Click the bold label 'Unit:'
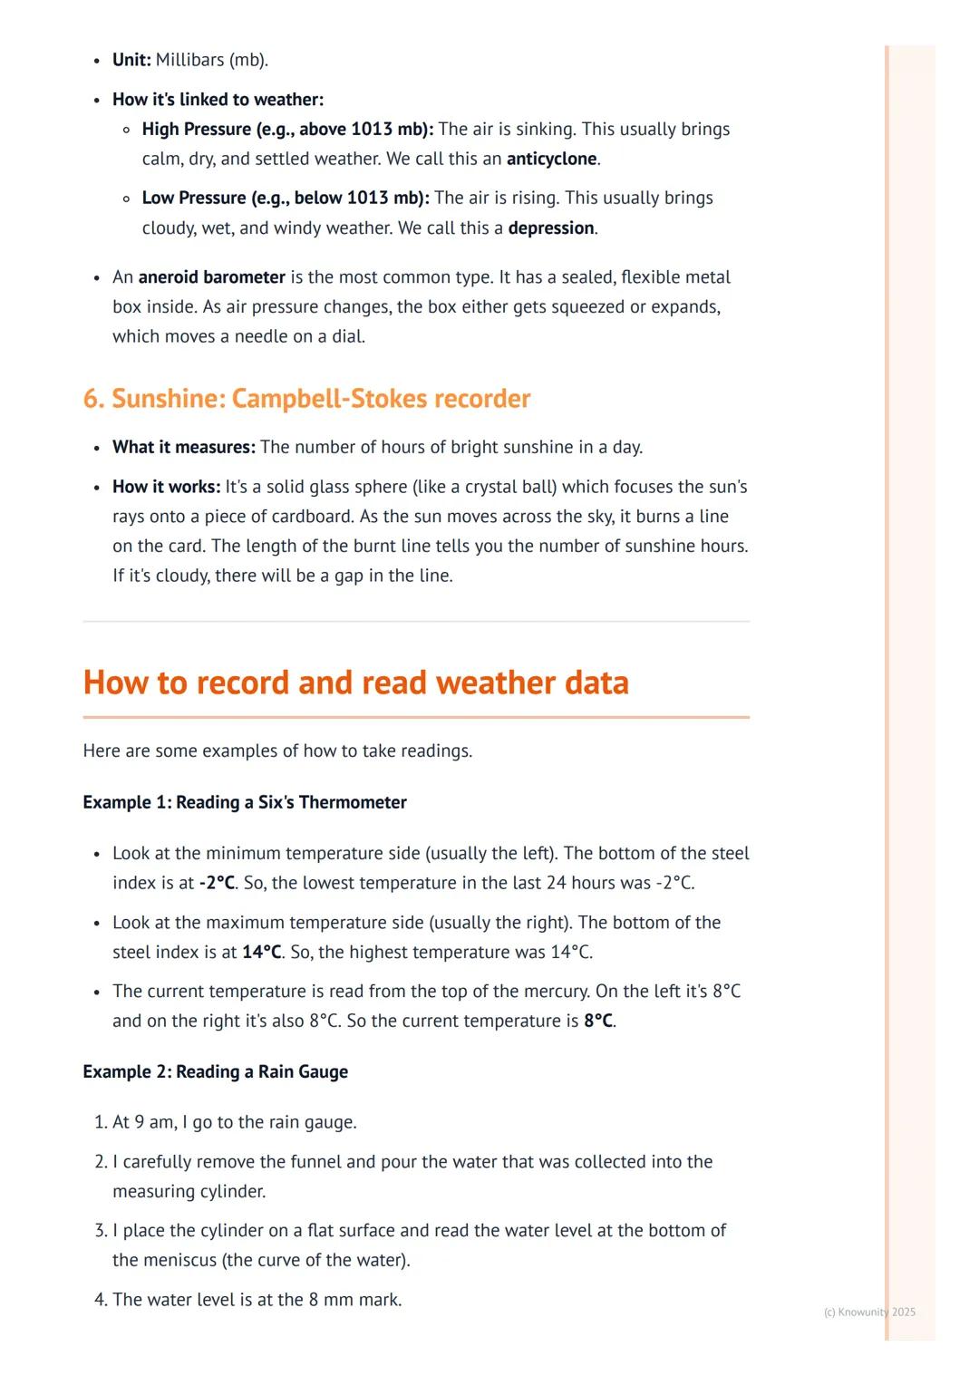click(x=131, y=61)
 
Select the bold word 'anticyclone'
click(x=551, y=160)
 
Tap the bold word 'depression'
click(x=551, y=228)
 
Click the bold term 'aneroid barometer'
click(x=211, y=277)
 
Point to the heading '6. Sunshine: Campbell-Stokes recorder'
click(x=306, y=399)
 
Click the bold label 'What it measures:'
click(x=184, y=448)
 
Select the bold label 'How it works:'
click(x=167, y=488)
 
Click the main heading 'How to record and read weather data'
click(x=355, y=683)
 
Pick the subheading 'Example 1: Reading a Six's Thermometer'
click(x=245, y=803)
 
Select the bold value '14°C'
click(x=262, y=953)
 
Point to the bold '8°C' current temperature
click(x=598, y=1022)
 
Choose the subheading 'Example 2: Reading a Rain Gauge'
click(x=215, y=1072)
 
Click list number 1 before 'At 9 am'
click(x=100, y=1123)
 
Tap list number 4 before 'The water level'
click(x=100, y=1301)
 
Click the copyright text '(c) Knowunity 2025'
click(x=869, y=1312)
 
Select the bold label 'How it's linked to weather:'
click(x=218, y=100)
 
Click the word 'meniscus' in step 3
click(x=181, y=1261)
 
